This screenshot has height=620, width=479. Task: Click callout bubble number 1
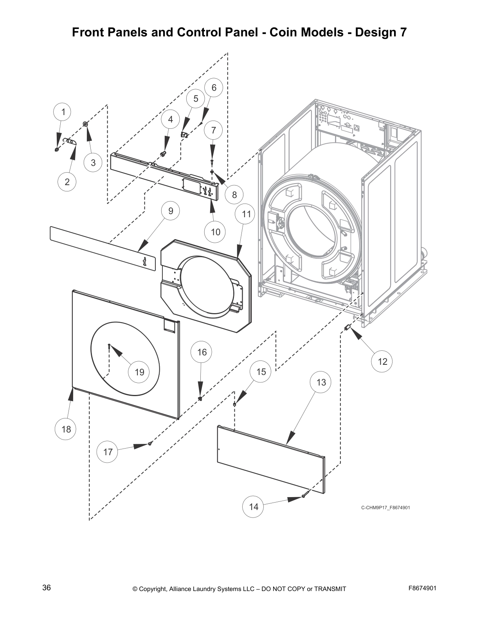click(63, 112)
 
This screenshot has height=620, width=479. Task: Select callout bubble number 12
click(382, 361)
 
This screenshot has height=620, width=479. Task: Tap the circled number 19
click(139, 372)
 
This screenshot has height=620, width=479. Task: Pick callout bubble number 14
click(254, 507)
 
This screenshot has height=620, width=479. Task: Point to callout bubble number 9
click(171, 211)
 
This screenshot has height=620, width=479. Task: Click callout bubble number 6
click(214, 88)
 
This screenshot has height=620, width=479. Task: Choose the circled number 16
click(202, 352)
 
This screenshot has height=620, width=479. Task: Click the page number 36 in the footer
click(47, 588)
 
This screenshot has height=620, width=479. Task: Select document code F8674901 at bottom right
click(422, 588)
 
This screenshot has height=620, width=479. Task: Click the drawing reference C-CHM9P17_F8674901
click(385, 508)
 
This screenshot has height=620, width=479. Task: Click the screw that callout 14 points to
click(303, 496)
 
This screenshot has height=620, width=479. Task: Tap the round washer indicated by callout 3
click(85, 124)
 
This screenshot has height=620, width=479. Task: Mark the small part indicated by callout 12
click(346, 327)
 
